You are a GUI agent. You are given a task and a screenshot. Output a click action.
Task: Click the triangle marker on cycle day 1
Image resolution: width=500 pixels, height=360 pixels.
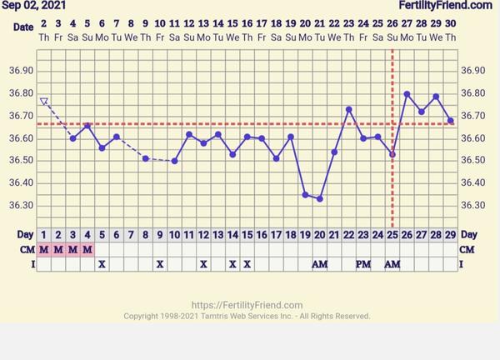[x=43, y=102]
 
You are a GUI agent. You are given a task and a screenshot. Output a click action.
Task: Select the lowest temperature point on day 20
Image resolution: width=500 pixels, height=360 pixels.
[x=319, y=198]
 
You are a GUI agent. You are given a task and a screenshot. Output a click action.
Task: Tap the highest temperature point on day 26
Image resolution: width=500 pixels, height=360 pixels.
[x=407, y=94]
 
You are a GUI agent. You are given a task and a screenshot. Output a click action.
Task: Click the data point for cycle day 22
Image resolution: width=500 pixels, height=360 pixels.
[x=348, y=109]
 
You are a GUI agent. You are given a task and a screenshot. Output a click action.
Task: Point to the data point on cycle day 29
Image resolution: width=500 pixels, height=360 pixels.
[x=451, y=120]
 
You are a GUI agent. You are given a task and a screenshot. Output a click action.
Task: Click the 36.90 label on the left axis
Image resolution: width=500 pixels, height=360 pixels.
[x=22, y=71]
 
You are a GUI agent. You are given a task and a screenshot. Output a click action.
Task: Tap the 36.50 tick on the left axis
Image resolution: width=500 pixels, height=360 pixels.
[x=22, y=160]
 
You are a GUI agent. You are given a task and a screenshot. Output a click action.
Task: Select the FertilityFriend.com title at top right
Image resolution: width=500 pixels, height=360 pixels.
[x=445, y=6]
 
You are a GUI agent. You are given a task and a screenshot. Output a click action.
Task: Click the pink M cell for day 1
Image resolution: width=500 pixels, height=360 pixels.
[x=43, y=249]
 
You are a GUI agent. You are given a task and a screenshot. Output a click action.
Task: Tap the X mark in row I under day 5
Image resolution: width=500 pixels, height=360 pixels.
[x=102, y=264]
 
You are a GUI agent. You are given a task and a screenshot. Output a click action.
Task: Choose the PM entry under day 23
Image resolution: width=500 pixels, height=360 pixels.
[x=363, y=264]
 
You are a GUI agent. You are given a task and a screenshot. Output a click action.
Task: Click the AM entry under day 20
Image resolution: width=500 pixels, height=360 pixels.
[x=319, y=264]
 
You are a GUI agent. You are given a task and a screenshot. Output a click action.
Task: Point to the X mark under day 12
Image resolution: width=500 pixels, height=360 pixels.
[x=203, y=264]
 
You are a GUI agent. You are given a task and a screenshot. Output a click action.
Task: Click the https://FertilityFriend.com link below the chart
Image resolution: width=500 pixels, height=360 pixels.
[x=247, y=305]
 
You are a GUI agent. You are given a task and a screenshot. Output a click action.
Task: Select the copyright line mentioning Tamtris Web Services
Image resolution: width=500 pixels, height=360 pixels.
[x=247, y=316]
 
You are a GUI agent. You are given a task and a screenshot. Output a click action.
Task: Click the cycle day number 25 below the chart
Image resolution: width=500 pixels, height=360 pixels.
[x=392, y=235]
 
